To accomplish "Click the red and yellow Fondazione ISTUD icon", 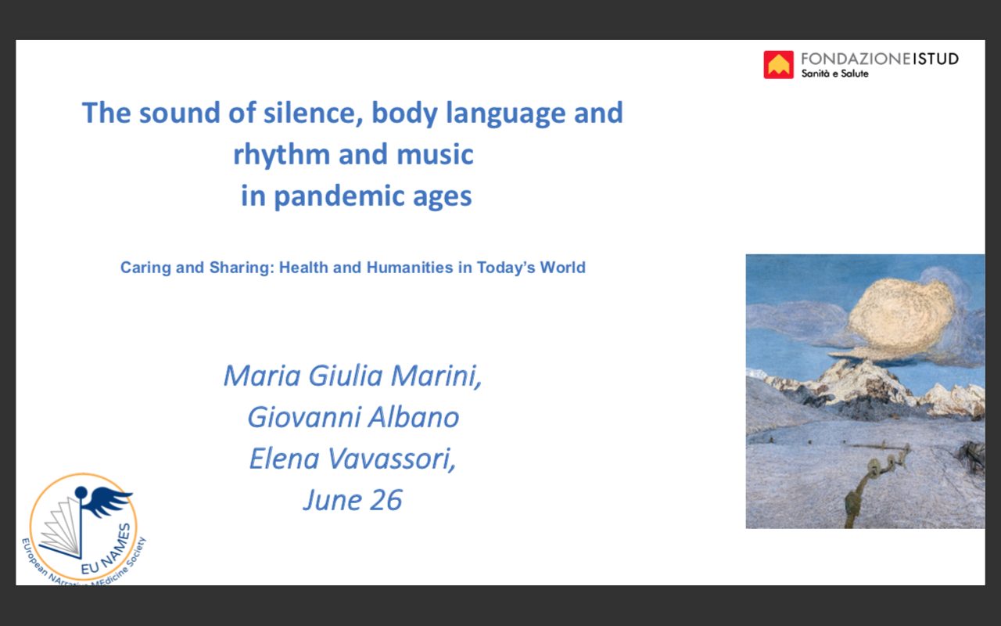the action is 778,65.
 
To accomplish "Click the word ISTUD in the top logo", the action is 935,59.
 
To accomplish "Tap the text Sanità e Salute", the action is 834,74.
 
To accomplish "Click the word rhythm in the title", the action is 282,155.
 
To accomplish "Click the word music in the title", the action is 435,154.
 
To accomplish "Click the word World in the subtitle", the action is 562,268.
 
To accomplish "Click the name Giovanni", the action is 304,417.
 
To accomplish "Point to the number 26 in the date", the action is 386,500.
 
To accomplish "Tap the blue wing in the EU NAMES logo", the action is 107,501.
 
